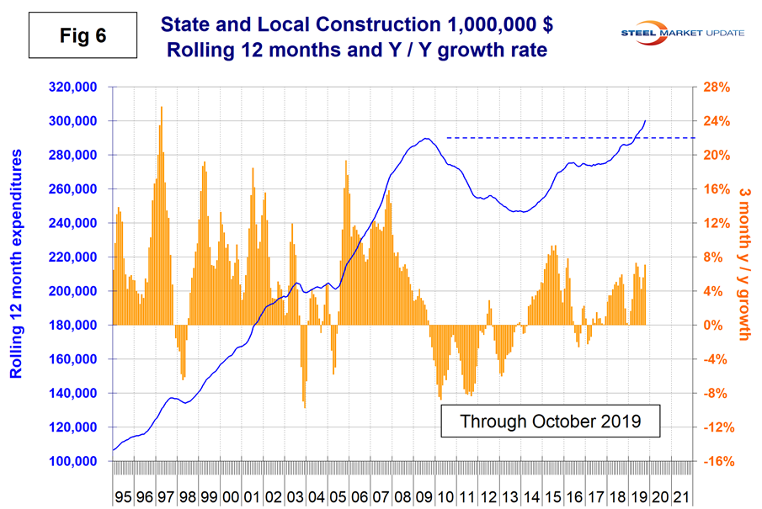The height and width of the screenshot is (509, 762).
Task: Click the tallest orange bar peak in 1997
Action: tap(161, 108)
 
